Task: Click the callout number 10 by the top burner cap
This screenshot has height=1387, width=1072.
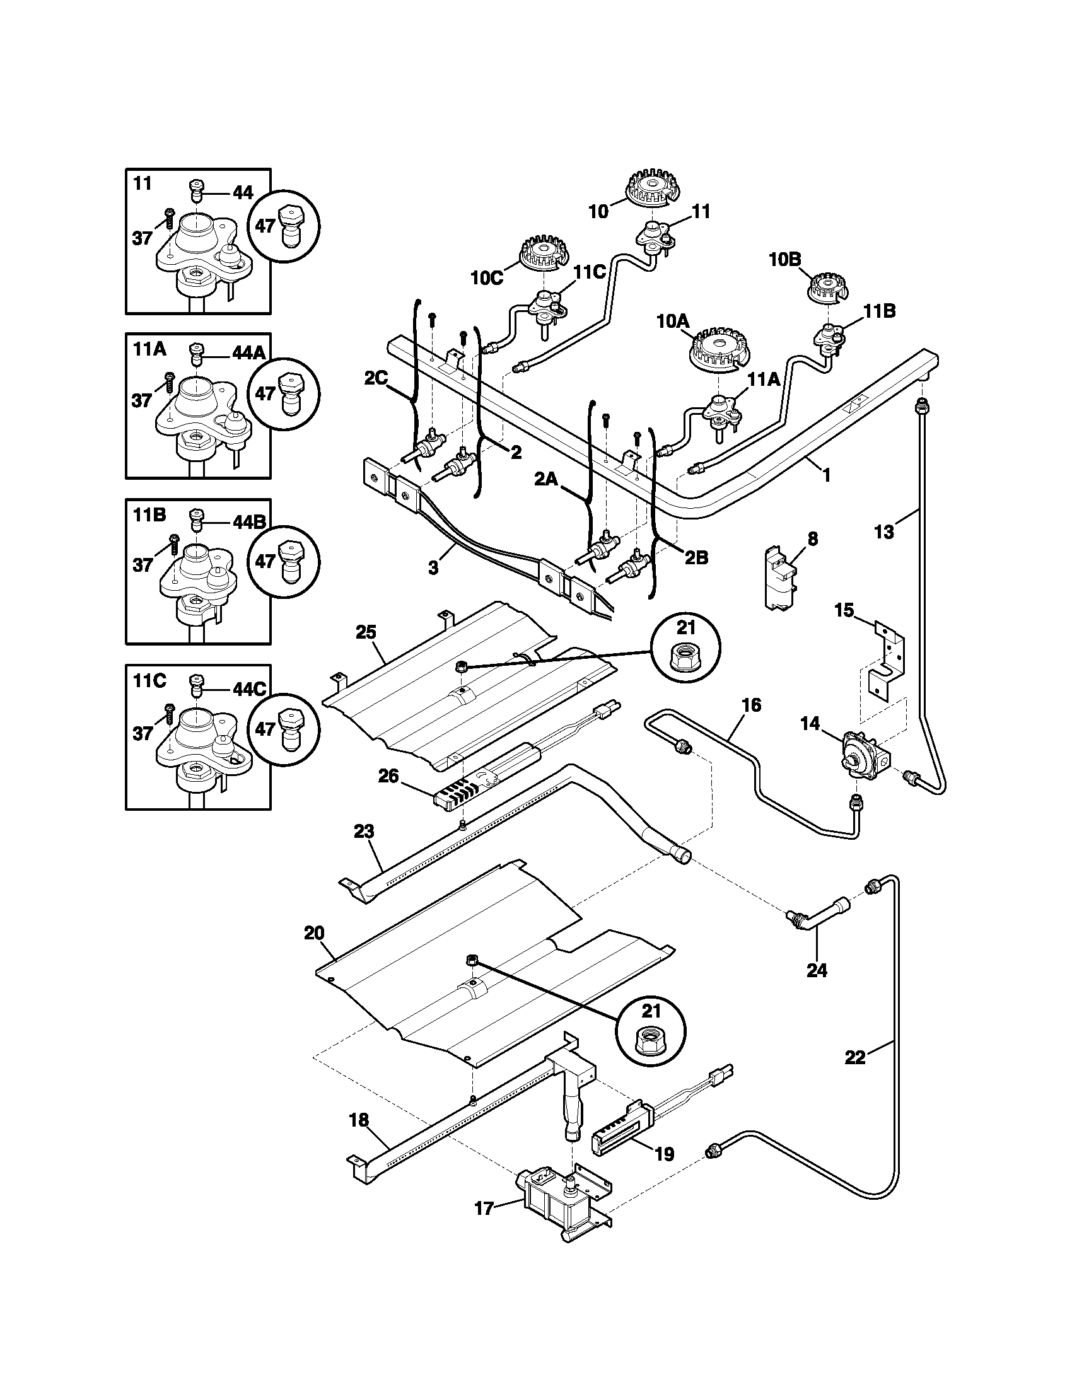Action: point(598,211)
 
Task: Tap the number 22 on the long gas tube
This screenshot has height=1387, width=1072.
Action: point(856,1057)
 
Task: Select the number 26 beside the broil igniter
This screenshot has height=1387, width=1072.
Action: point(388,776)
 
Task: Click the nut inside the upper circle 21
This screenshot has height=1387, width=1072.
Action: point(685,661)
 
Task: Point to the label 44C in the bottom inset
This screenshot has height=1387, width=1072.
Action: point(249,690)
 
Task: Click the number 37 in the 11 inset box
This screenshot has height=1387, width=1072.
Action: point(143,238)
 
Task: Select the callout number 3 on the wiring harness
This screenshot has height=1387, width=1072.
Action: point(433,567)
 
